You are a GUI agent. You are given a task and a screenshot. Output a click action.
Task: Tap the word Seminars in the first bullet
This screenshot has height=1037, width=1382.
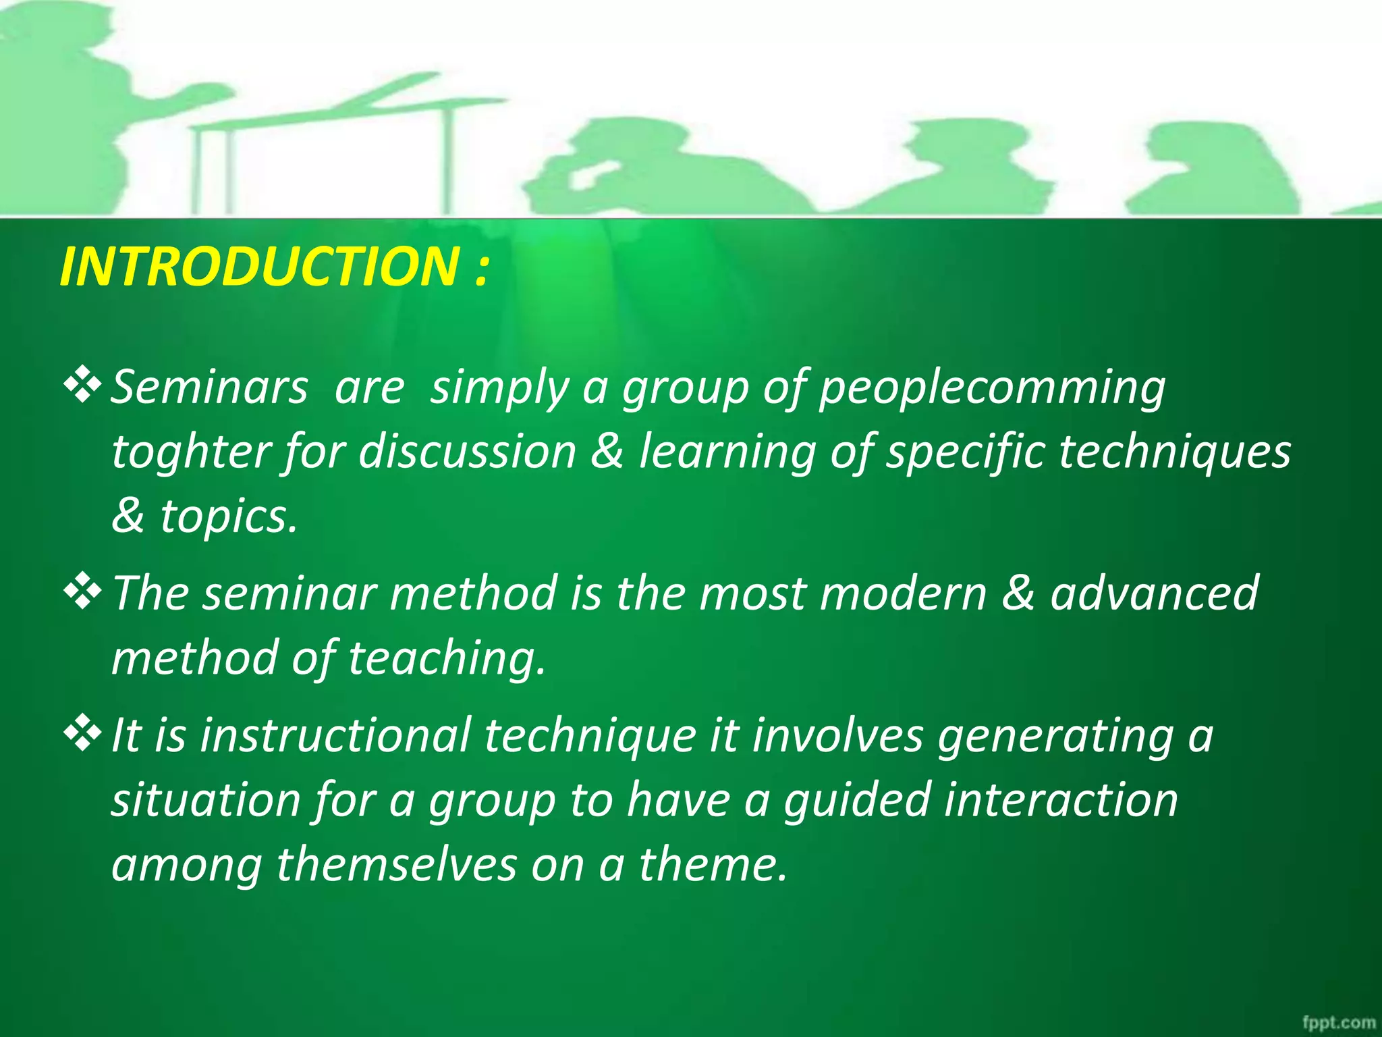209,388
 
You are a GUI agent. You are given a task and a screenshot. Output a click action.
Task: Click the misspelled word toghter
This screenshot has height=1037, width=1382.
191,452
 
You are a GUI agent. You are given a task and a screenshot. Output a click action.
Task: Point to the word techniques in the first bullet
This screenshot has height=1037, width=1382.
1174,452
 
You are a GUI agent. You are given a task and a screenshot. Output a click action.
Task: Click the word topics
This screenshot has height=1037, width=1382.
228,517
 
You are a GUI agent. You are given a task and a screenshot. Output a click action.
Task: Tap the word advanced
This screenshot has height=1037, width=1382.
1154,593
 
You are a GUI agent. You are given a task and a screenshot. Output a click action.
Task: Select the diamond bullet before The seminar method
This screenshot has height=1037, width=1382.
82,592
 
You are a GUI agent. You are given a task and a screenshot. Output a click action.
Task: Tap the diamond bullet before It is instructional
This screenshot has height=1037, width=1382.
82,734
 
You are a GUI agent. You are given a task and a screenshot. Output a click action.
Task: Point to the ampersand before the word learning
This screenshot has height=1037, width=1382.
607,452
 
